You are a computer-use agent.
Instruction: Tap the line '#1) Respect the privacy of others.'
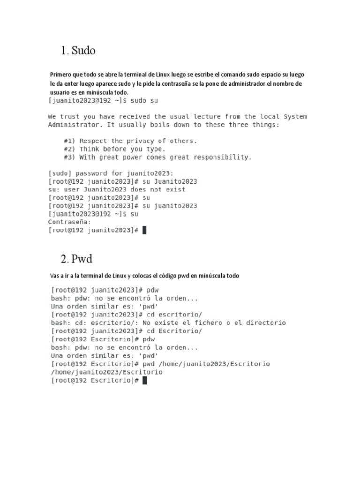tap(130, 141)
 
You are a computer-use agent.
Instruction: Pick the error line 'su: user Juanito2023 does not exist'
tap(117, 189)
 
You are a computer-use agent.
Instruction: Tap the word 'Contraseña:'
tap(69, 222)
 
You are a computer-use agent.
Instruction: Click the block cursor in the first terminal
tap(144, 230)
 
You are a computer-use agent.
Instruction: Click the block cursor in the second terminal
tap(144, 381)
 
